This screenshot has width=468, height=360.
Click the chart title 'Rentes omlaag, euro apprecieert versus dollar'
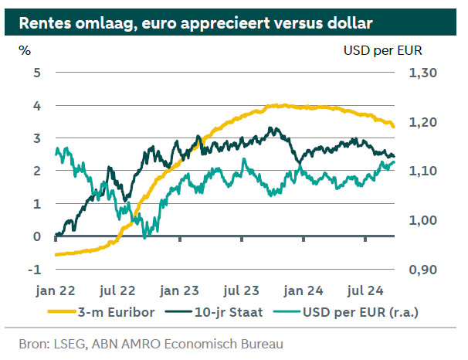[196, 22]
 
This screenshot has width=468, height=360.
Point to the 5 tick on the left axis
[37, 73]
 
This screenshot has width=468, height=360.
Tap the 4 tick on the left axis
[37, 105]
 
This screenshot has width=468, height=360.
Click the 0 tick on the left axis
[37, 236]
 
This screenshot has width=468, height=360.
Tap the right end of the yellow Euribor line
[393, 126]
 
